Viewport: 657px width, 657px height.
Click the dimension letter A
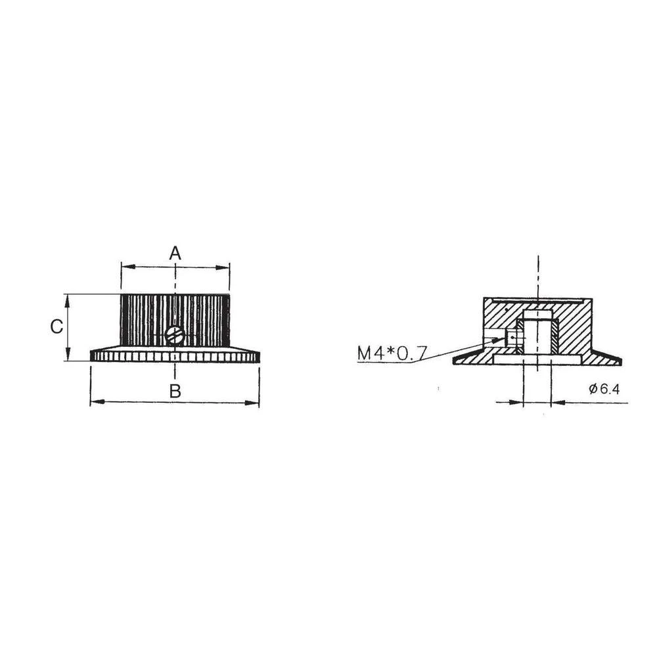[175, 253]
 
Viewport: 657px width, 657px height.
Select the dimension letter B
[175, 391]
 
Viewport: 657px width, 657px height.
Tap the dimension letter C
[57, 327]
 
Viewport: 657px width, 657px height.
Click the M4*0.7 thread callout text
[392, 353]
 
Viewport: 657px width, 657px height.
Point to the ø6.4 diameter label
[604, 389]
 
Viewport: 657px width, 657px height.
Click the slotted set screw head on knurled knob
[175, 336]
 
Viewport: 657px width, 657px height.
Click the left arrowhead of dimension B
[96, 402]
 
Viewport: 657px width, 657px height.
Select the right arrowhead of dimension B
[254, 402]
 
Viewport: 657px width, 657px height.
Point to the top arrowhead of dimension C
[68, 299]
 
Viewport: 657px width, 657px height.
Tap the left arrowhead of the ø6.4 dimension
[518, 402]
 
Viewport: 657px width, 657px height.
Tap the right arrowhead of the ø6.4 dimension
[556, 402]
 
